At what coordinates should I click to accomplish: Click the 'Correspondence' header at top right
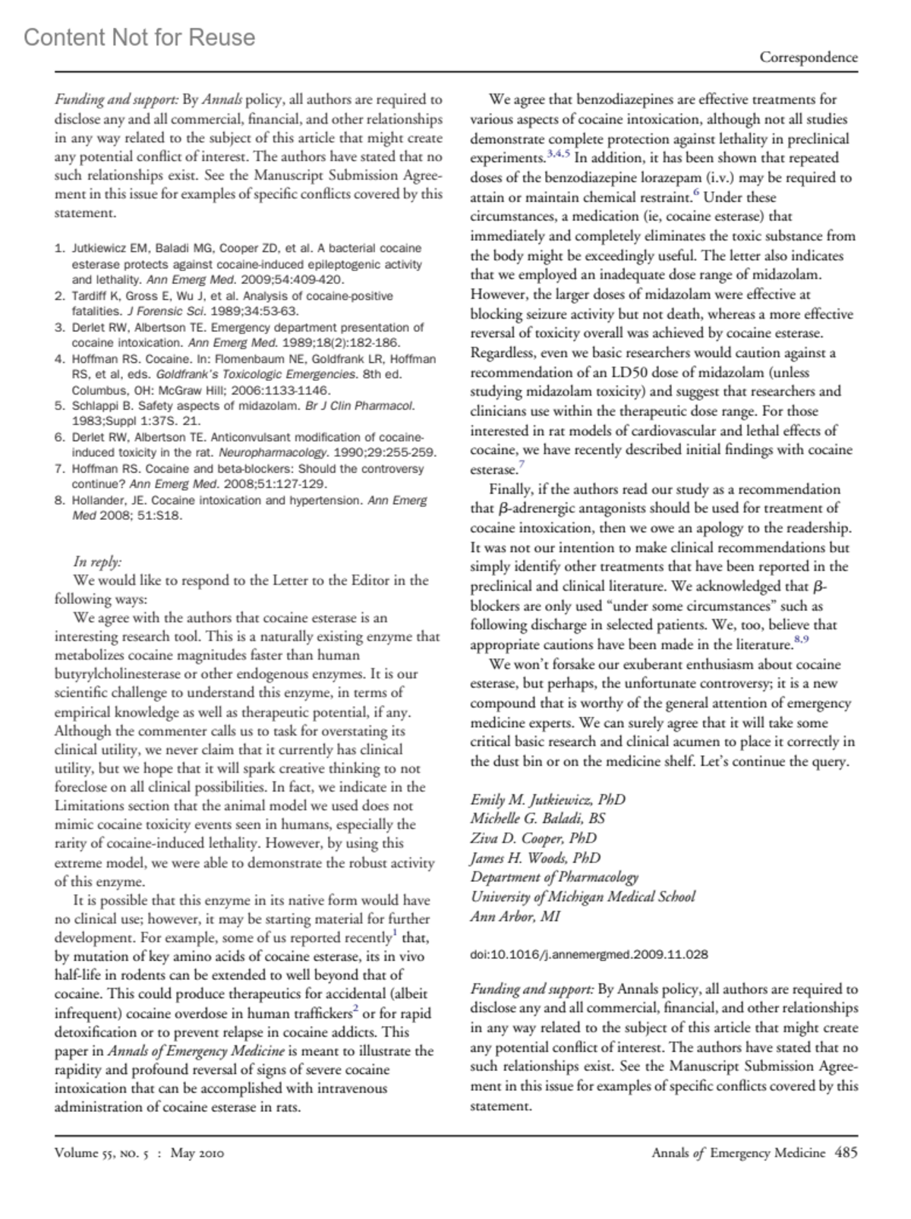click(x=809, y=58)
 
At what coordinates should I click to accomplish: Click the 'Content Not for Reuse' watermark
click(x=140, y=37)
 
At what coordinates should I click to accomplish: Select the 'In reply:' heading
click(x=97, y=562)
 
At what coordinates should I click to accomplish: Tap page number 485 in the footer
click(x=846, y=1153)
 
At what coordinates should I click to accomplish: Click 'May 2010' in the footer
click(x=197, y=1154)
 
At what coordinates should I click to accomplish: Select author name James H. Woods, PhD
click(x=535, y=858)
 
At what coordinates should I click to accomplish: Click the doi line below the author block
click(x=589, y=955)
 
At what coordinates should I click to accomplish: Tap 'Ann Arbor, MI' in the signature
click(x=515, y=916)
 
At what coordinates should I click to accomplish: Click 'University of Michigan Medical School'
click(x=582, y=896)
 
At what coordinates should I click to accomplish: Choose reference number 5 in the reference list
click(x=59, y=406)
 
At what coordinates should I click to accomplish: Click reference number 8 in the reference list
click(x=59, y=501)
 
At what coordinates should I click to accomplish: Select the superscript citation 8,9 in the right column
click(x=801, y=641)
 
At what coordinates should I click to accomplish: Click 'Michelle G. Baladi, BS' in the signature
click(x=537, y=818)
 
